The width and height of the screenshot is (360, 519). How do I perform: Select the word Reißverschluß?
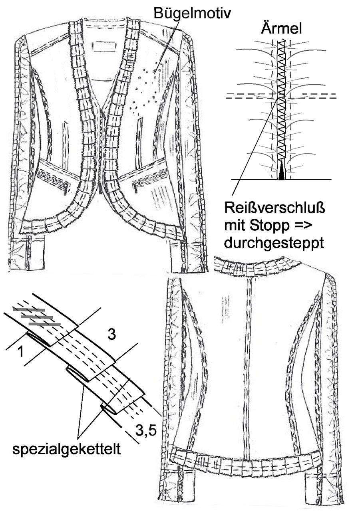coord(274,208)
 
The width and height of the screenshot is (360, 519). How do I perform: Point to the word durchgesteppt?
coord(274,243)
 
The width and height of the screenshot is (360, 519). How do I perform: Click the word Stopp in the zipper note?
coord(269,226)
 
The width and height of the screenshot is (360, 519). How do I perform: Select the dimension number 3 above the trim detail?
coord(112,335)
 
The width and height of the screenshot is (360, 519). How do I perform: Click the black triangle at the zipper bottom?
coord(281,170)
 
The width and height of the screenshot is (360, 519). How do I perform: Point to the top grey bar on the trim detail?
coord(29,309)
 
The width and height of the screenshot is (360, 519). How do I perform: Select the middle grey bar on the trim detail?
coord(37,317)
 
